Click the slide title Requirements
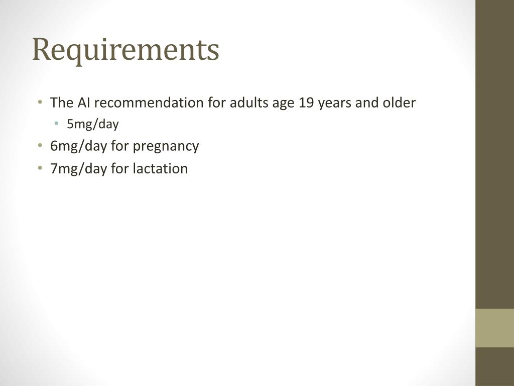[125, 50]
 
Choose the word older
[399, 103]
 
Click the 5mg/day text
[93, 124]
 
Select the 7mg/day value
[79, 169]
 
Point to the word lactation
[160, 168]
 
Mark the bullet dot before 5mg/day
[57, 124]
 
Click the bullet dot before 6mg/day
[40, 145]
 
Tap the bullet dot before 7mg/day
[40, 168]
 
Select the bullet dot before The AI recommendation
[40, 102]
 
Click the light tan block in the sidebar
[494, 328]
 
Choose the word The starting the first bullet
[62, 103]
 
